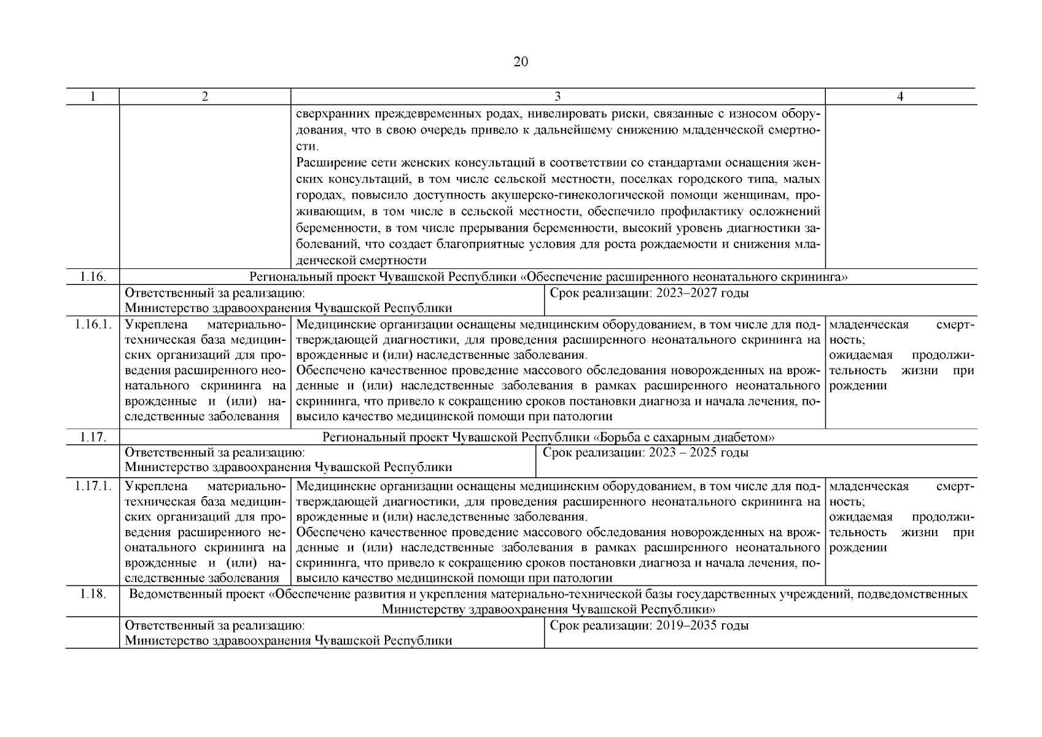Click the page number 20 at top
coord(520,62)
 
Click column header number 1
coord(93,96)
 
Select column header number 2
coord(204,96)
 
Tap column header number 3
coord(558,96)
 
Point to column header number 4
coord(900,96)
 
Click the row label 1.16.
coord(93,277)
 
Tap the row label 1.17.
coord(93,437)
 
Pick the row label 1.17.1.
coord(93,486)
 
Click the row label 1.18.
coord(93,594)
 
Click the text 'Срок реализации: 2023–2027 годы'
coord(649,293)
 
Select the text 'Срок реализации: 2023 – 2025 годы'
coord(645,453)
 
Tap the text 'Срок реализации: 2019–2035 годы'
coord(649,626)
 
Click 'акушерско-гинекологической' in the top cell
coord(566,196)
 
